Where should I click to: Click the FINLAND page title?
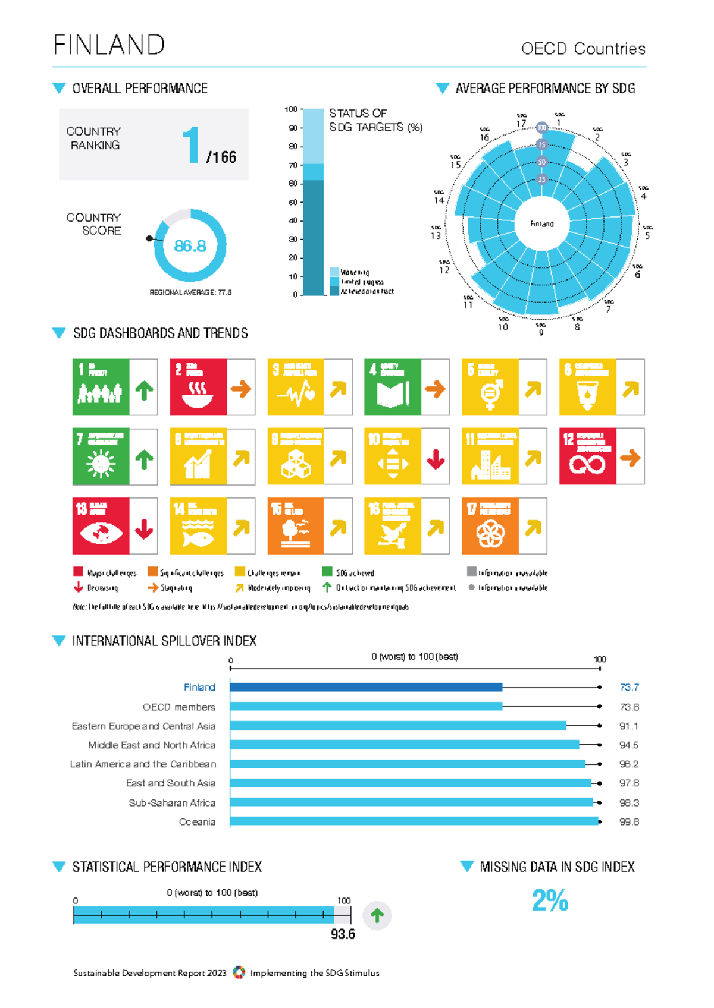point(109,45)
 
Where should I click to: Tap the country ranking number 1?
point(190,144)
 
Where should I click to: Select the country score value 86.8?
point(190,246)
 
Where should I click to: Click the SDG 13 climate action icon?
point(101,526)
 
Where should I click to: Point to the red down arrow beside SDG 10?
point(436,458)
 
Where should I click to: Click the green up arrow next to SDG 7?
point(143,458)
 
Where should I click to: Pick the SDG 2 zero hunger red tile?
point(198,387)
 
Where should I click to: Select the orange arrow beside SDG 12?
point(630,458)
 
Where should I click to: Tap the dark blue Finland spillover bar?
point(366,687)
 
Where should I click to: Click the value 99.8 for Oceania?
point(629,822)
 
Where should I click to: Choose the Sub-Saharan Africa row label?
point(172,803)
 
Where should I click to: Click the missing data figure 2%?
point(550,900)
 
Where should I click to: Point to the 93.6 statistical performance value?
point(343,934)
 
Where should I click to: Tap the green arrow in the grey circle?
point(377,915)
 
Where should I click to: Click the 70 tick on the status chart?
point(293,165)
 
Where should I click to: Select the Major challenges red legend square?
point(78,572)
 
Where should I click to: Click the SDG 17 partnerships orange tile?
point(490,526)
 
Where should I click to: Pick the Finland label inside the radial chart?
point(541,224)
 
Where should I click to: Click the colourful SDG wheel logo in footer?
point(239,972)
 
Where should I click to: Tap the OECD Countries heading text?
point(583,49)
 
